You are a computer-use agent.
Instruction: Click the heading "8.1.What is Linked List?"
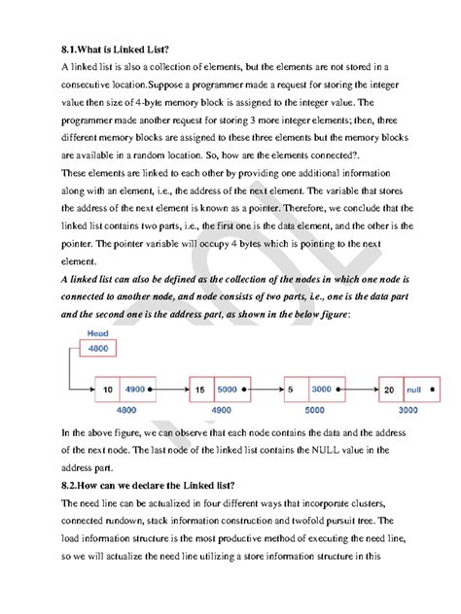114,47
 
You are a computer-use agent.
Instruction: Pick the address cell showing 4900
135,389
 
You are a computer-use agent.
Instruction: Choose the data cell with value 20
390,389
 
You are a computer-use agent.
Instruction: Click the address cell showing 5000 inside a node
230,389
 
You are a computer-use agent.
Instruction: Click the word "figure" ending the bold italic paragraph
327,316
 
